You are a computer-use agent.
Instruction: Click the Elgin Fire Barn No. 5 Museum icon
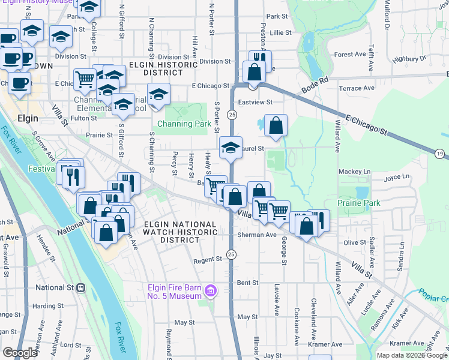(210, 292)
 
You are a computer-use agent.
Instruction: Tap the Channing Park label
(184, 124)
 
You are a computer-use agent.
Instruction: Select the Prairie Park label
(359, 203)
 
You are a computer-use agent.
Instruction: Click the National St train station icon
(80, 287)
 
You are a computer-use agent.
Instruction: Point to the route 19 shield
(441, 154)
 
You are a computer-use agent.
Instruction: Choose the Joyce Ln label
(396, 177)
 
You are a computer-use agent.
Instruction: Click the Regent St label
(208, 260)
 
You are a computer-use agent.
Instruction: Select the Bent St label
(247, 282)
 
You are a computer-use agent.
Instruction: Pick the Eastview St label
(256, 102)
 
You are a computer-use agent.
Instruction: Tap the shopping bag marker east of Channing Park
(276, 126)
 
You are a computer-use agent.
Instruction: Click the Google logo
(20, 353)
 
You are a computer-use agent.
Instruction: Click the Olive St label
(355, 242)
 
